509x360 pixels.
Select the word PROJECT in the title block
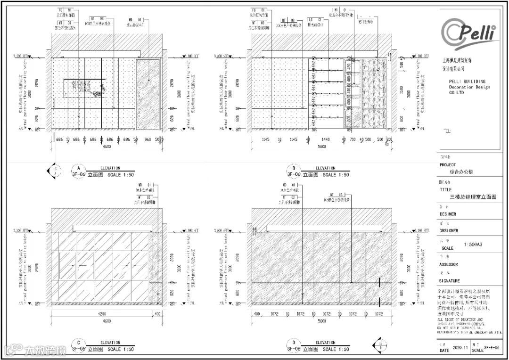[x=448, y=165]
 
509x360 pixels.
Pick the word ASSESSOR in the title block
[x=449, y=264]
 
